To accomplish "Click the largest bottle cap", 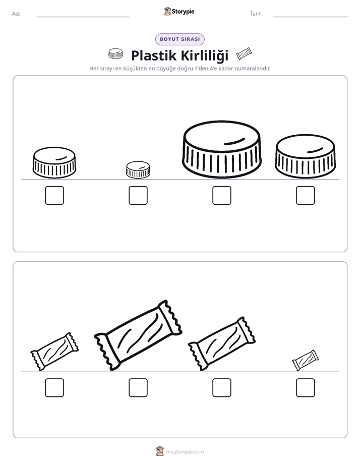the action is click(221, 149).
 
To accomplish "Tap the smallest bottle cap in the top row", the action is click(138, 169).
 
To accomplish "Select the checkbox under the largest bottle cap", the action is click(221, 195).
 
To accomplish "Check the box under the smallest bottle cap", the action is click(138, 195).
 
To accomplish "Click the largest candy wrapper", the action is click(138, 335).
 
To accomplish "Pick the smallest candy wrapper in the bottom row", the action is click(305, 360).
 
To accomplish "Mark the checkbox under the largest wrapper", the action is click(138, 387).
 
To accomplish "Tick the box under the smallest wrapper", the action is click(306, 387).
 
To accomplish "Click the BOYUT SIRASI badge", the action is click(179, 39).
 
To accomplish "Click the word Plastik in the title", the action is click(154, 55).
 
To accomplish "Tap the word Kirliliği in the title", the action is click(205, 55).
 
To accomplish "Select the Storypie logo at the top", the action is click(179, 11).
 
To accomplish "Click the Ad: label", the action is click(16, 14).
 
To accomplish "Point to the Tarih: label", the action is click(256, 14).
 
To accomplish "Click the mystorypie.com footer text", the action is click(185, 452).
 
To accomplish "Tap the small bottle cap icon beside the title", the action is click(115, 53).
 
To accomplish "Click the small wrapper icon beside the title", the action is click(244, 54).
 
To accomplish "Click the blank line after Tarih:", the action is click(311, 17).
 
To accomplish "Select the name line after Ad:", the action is click(83, 17).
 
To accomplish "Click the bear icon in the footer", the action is click(160, 451).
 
